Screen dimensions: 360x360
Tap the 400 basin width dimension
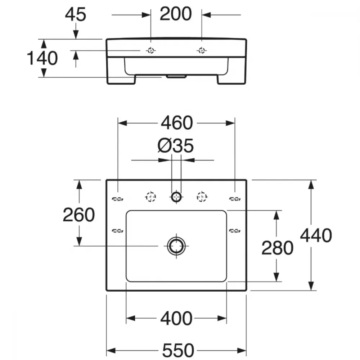pyautogui.click(x=176, y=319)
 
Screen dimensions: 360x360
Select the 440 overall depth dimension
pyautogui.click(x=316, y=235)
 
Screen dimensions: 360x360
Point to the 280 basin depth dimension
pyautogui.click(x=277, y=248)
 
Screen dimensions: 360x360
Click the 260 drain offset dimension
pyautogui.click(x=78, y=215)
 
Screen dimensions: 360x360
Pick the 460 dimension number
pyautogui.click(x=177, y=123)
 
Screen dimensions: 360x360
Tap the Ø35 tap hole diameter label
pyautogui.click(x=176, y=145)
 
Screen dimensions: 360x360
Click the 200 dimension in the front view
pyautogui.click(x=176, y=14)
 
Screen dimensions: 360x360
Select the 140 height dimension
pyautogui.click(x=42, y=58)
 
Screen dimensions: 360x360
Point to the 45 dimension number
pyautogui.click(x=76, y=14)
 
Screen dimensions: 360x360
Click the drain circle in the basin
pyautogui.click(x=176, y=246)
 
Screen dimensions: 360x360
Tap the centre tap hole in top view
pyautogui.click(x=176, y=197)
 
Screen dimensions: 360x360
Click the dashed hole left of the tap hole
pyautogui.click(x=150, y=197)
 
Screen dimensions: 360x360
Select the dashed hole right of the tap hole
pyautogui.click(x=202, y=197)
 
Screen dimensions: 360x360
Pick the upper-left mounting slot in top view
pyautogui.click(x=118, y=199)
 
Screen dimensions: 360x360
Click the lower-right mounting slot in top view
pyautogui.click(x=235, y=231)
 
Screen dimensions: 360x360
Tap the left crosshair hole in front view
pyautogui.click(x=151, y=50)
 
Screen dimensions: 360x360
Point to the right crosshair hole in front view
pyautogui.click(x=202, y=50)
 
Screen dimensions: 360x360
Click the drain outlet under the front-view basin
pyautogui.click(x=176, y=76)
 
